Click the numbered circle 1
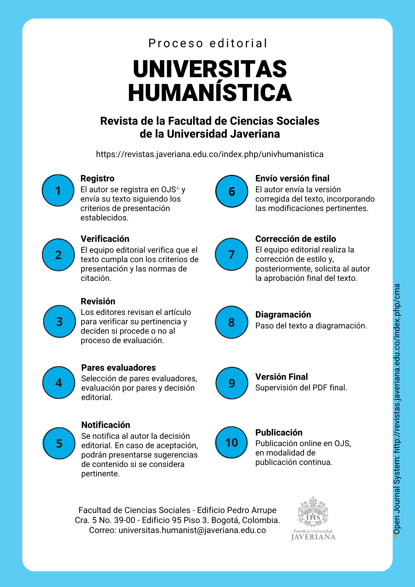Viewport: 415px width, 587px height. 58,190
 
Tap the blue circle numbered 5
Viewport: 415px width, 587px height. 59,443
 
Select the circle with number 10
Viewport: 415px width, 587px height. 232,442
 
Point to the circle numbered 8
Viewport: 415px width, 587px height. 232,322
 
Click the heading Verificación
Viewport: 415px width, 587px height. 105,239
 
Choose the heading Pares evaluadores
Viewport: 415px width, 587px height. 119,368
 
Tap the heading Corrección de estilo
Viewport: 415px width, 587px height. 296,239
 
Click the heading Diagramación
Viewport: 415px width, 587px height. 283,315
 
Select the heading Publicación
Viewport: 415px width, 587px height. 279,433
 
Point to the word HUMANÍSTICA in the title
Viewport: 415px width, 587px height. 210,93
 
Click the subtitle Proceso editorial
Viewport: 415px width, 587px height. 208,43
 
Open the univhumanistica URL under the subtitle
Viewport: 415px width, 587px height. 210,154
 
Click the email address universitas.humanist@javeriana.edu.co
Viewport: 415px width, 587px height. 192,530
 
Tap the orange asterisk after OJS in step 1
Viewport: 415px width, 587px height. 178,189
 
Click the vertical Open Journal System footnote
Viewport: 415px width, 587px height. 397,411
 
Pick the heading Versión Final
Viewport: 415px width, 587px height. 281,377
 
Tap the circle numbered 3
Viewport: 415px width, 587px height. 59,322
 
